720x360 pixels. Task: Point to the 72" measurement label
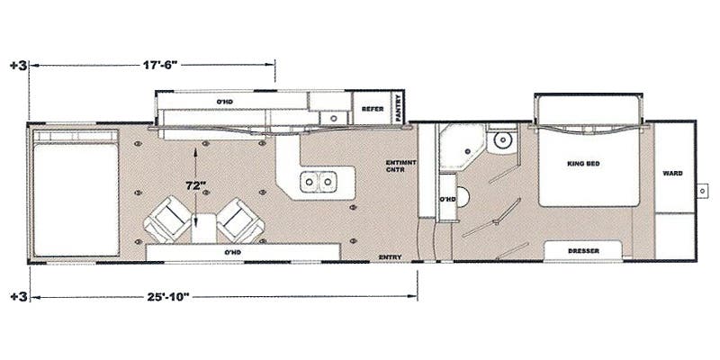(x=197, y=185)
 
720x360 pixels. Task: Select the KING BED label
(x=583, y=164)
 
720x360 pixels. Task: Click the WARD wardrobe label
(x=671, y=172)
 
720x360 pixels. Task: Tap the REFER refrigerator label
(x=373, y=108)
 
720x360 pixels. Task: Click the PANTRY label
(x=396, y=106)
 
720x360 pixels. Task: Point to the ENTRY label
(x=391, y=256)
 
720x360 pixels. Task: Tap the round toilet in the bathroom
(x=502, y=139)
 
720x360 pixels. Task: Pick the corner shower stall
(x=458, y=146)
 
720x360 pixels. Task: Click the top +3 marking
(x=16, y=66)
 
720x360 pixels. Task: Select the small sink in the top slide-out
(x=332, y=117)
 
